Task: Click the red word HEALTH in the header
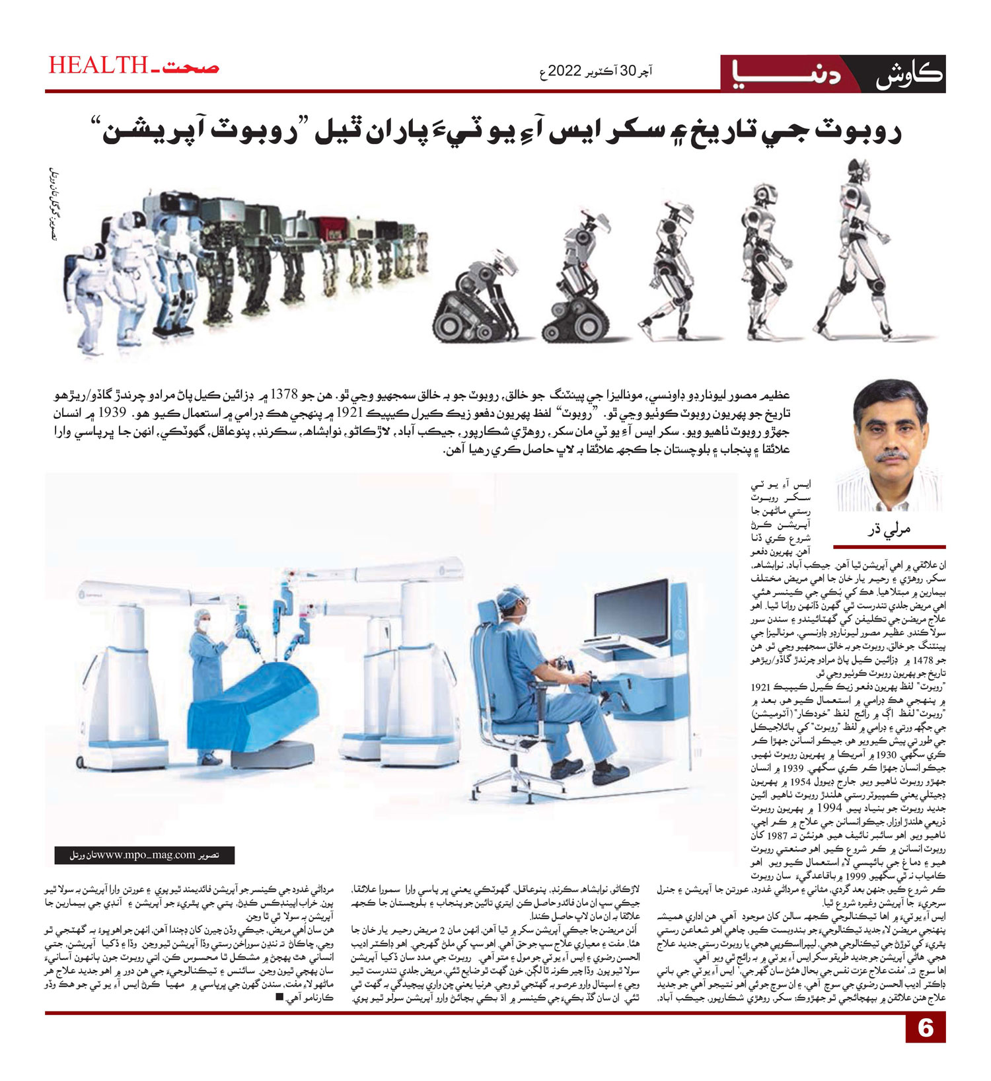97,65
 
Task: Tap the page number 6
925,1028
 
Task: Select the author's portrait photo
889,446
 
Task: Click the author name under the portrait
888,529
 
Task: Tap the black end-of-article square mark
279,997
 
